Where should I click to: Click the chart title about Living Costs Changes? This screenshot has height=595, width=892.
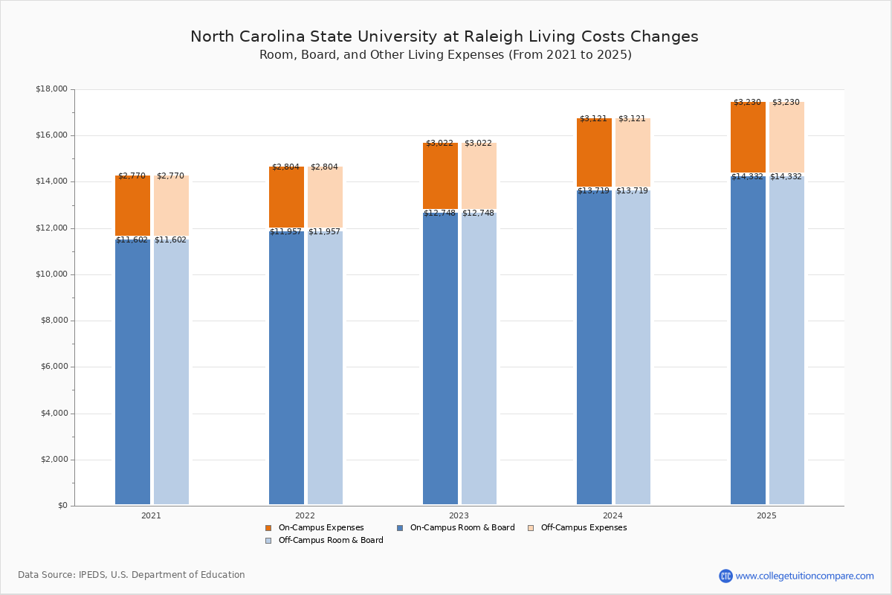tap(444, 37)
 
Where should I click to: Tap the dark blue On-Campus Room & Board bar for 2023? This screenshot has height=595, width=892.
tap(440, 357)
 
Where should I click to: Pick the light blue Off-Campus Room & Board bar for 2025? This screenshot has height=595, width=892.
tap(786, 342)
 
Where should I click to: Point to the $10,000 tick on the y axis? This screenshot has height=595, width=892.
tap(52, 274)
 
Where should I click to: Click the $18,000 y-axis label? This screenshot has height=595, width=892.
tap(52, 89)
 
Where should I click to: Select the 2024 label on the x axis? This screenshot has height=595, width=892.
tap(613, 515)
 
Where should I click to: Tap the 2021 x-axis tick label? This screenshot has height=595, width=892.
tap(151, 515)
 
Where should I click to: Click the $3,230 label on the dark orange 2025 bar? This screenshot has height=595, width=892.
tap(747, 103)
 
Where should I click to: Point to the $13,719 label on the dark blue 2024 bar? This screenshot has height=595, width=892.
tap(593, 191)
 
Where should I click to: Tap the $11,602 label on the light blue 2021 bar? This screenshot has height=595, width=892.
tap(170, 240)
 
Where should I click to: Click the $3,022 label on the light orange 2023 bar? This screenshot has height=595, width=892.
tap(478, 144)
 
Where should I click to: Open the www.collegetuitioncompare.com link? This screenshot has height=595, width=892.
tap(804, 576)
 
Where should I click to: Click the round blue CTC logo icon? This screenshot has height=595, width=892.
tap(725, 576)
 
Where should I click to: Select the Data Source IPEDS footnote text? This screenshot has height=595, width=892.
tap(132, 575)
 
